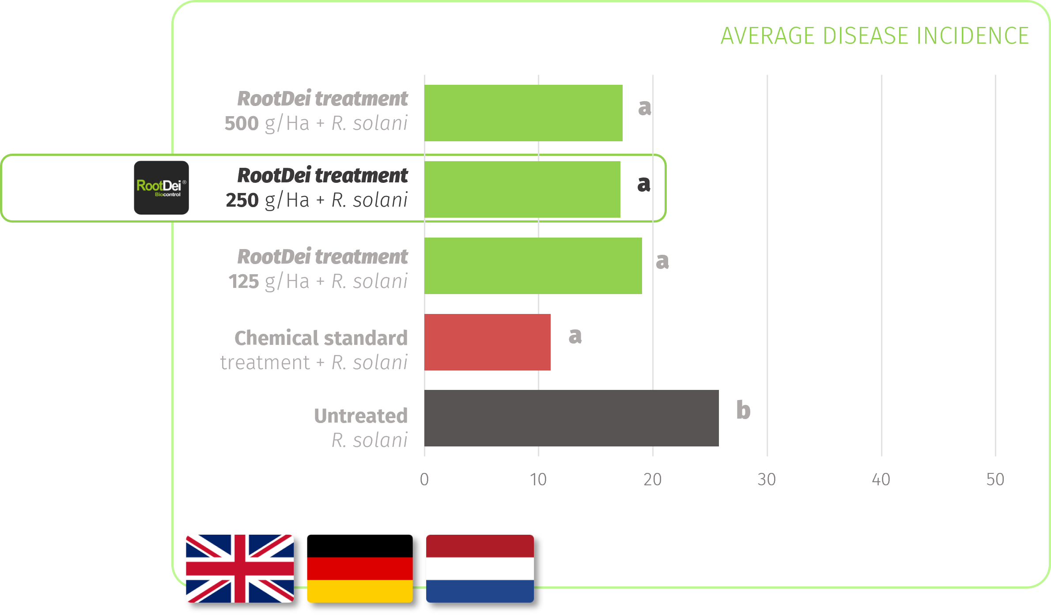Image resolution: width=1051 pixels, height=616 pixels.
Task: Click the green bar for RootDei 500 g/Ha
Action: tap(523, 113)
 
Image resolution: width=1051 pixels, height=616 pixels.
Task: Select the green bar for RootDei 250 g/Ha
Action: tap(522, 189)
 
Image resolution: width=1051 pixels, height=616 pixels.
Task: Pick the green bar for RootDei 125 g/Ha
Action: tap(533, 266)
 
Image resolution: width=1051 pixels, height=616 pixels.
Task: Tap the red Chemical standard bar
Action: tap(488, 342)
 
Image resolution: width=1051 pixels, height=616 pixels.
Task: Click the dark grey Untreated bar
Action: tap(571, 418)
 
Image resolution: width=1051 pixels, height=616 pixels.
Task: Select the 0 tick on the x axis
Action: tap(424, 480)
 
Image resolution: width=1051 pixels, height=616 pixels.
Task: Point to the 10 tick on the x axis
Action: tap(538, 480)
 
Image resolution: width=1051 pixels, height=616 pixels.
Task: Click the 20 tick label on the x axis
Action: tap(652, 480)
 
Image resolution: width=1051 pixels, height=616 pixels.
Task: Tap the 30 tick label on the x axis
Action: tap(767, 480)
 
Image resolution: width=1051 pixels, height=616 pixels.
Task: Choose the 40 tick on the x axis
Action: tap(881, 480)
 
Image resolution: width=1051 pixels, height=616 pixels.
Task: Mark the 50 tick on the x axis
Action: tap(995, 480)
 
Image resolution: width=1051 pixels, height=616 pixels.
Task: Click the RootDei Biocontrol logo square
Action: tap(162, 188)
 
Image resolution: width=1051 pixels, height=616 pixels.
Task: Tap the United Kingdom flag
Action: tap(240, 568)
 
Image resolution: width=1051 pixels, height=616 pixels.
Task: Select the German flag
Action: tap(360, 568)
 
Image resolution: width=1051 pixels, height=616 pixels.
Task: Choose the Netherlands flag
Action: tap(480, 568)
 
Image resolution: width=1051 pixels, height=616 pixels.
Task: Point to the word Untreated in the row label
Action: tap(361, 416)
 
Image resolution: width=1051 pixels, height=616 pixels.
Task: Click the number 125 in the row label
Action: tap(244, 281)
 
